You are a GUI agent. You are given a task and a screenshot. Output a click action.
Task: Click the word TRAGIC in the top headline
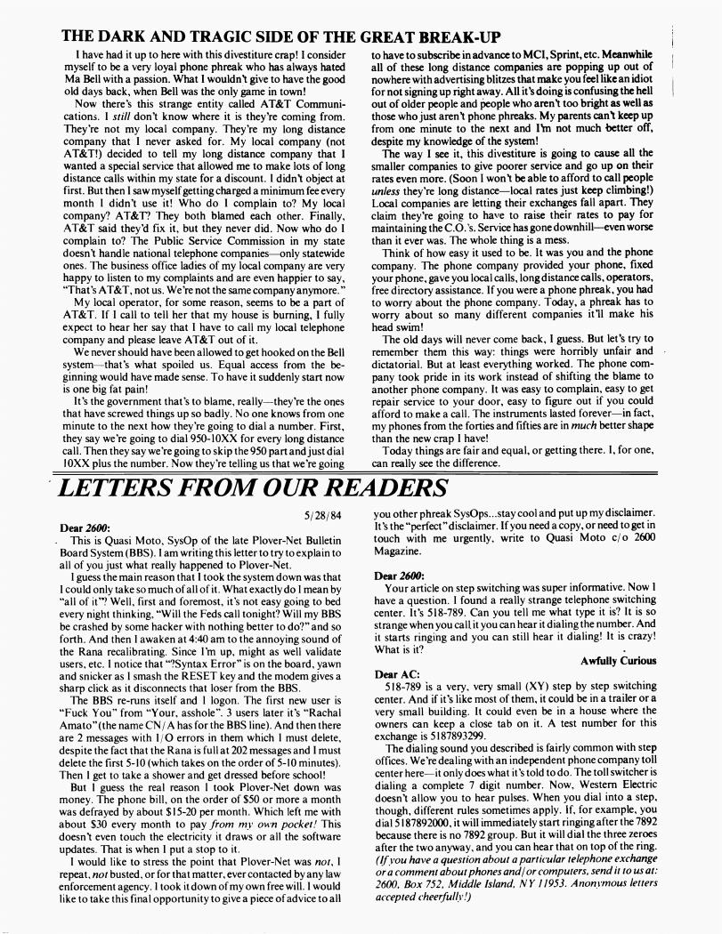[206, 36]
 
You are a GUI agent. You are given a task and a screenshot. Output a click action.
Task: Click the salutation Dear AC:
[396, 675]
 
